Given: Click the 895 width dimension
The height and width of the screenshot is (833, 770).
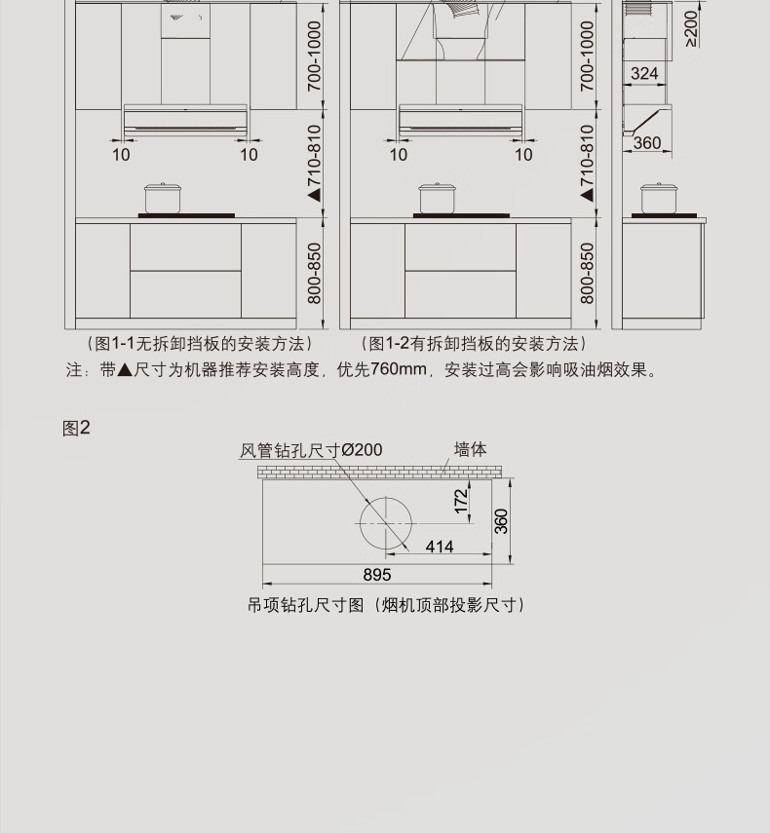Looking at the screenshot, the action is point(377,576).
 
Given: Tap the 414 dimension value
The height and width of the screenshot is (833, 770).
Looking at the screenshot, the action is point(439,548).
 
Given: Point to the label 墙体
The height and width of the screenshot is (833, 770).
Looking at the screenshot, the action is point(470,449).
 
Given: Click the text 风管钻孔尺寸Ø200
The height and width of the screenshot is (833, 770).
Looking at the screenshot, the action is point(311,450).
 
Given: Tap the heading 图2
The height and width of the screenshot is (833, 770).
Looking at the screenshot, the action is point(76,428).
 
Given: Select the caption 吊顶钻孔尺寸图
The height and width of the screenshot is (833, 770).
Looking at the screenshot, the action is point(386,605).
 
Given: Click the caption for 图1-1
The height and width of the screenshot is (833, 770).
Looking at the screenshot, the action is point(193,344).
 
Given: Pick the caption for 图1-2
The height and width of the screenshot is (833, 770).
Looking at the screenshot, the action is point(474,344).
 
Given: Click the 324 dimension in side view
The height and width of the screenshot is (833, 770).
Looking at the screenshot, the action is point(643,74).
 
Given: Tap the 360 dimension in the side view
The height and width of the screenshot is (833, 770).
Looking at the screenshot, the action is point(646,143).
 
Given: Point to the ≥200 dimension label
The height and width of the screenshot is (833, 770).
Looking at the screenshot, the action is point(689,28).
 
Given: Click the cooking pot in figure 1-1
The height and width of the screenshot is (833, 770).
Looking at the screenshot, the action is point(163,198).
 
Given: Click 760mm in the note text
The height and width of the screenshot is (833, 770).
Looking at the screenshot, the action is point(399,370).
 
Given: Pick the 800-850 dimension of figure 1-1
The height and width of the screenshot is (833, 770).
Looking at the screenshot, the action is point(315,274).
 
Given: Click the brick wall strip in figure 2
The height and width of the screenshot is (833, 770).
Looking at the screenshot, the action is point(380,472).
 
